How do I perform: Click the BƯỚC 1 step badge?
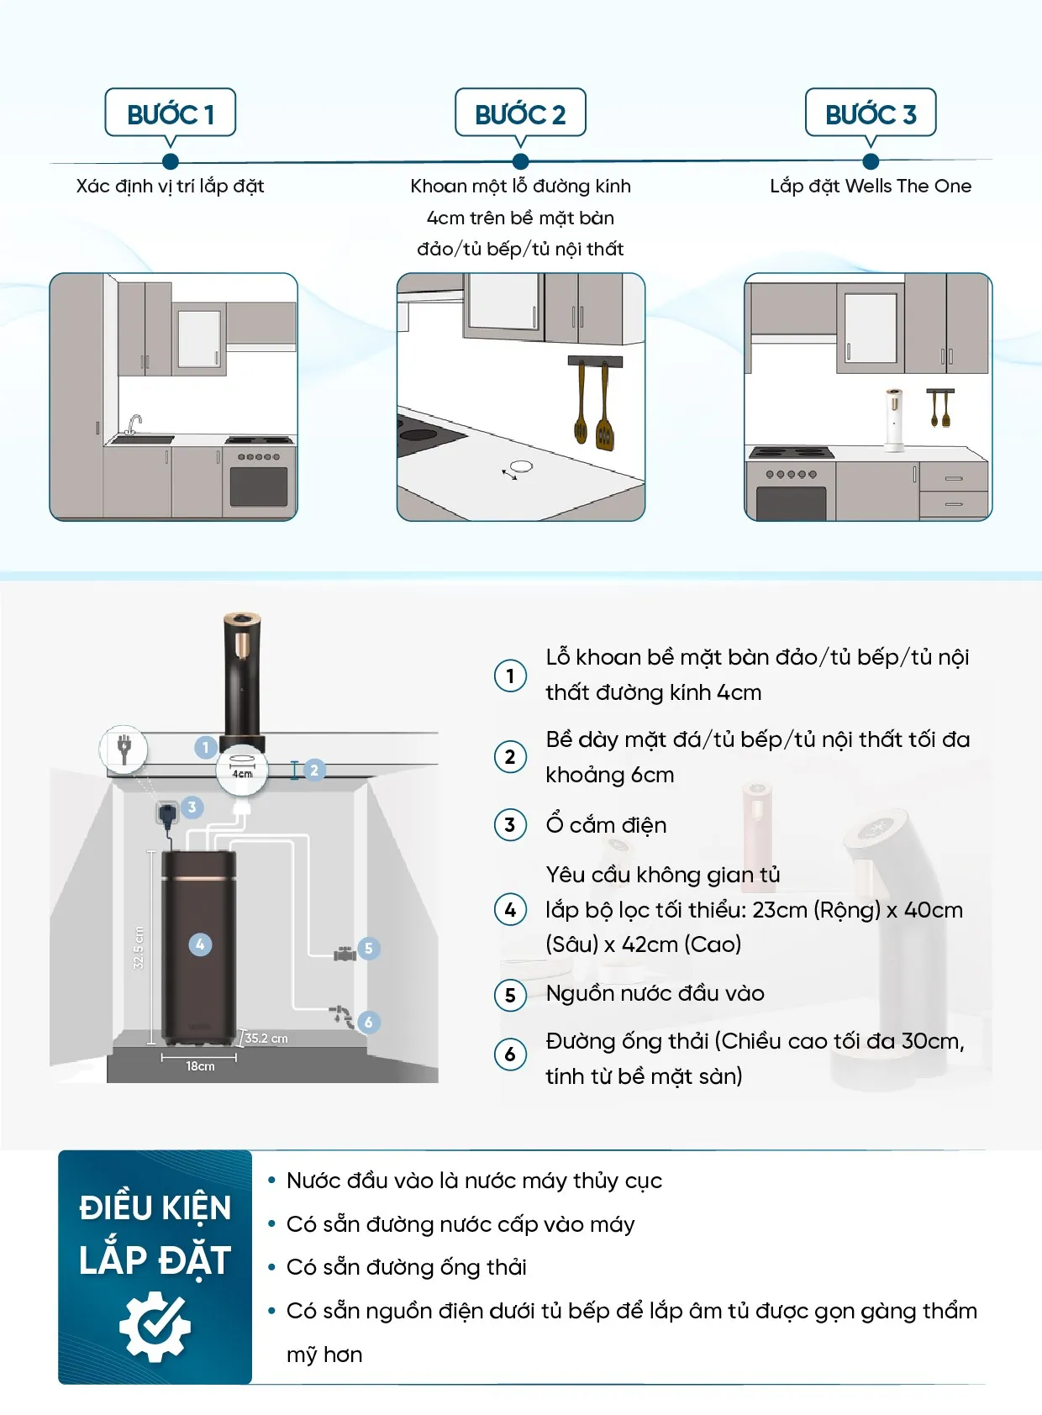[x=170, y=113]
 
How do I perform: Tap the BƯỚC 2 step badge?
[x=520, y=113]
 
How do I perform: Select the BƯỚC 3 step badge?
[x=871, y=113]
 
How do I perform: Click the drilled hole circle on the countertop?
[x=521, y=466]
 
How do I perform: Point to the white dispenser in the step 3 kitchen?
[x=894, y=418]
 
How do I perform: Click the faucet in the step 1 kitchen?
[x=133, y=424]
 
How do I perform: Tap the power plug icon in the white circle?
[x=124, y=748]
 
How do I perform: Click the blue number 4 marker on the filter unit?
[x=200, y=944]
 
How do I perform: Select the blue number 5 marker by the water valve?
[x=368, y=949]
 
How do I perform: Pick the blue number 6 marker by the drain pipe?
[x=368, y=1022]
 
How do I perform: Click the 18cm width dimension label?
[x=200, y=1066]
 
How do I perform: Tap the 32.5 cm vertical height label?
[x=139, y=948]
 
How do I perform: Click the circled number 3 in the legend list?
[x=510, y=825]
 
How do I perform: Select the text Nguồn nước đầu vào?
[x=655, y=993]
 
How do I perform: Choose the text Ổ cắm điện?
[x=606, y=825]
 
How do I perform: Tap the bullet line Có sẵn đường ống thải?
[x=406, y=1267]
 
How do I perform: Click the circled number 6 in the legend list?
[x=510, y=1055]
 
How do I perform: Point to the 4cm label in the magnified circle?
[x=242, y=774]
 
